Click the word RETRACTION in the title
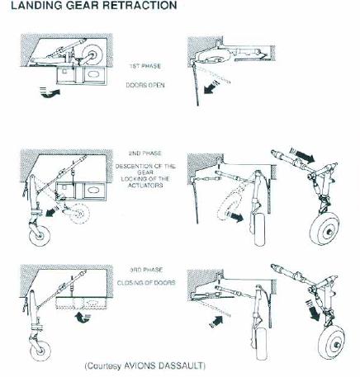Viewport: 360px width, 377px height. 138,5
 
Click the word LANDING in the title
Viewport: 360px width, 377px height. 36,5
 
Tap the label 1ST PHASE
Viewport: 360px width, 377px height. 145,66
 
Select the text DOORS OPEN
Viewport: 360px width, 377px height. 145,85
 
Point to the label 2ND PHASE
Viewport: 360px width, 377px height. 145,153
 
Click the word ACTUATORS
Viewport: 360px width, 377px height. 145,186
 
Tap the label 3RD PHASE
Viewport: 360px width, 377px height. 146,270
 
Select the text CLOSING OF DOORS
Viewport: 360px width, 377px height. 146,283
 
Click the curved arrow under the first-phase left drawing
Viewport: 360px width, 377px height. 50,92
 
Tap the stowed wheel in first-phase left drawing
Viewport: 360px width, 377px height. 92,54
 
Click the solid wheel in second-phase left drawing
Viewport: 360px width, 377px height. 40,235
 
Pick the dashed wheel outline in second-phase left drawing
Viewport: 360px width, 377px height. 79,214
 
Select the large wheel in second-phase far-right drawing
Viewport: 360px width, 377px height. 324,229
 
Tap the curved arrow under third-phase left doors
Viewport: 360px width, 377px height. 83,318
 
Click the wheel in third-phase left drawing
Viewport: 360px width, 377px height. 40,351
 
